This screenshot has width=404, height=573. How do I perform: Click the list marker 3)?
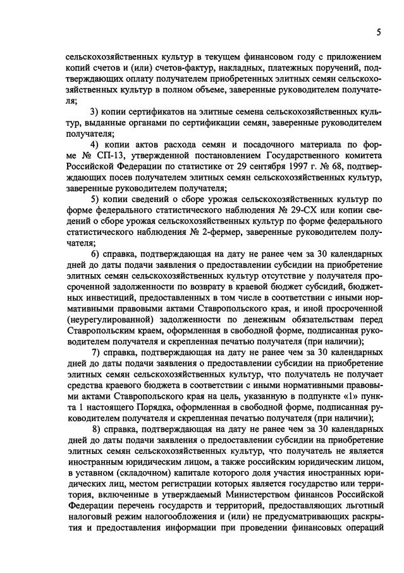[x=96, y=112]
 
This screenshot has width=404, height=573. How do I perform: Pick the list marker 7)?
[x=96, y=351]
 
